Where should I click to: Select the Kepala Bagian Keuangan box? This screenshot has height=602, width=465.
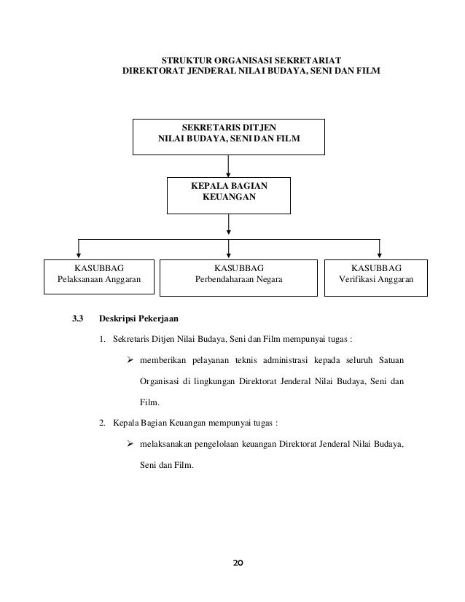tap(229, 193)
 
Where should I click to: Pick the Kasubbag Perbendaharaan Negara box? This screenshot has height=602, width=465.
tap(229, 275)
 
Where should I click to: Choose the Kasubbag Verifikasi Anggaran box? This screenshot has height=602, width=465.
tap(375, 274)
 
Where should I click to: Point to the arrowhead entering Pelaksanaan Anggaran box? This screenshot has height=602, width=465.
tap(79, 254)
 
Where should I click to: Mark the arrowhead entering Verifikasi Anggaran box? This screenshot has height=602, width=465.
tap(379, 254)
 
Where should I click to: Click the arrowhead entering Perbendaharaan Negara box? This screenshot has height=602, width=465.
tap(229, 254)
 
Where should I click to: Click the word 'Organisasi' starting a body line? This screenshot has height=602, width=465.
tap(162, 380)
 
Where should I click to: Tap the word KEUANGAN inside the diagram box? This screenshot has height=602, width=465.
tap(229, 198)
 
